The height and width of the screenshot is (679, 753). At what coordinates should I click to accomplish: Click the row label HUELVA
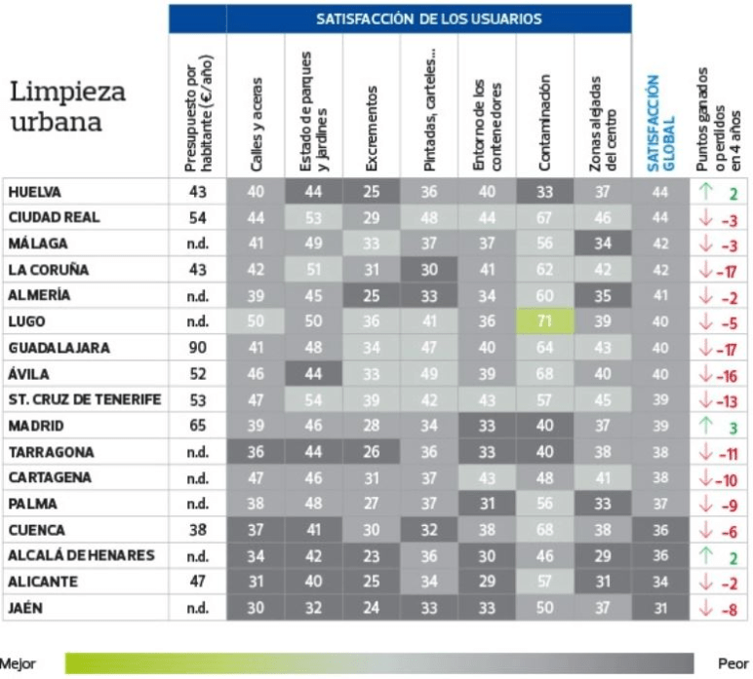[36, 192]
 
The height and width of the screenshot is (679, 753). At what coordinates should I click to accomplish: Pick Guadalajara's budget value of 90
[197, 347]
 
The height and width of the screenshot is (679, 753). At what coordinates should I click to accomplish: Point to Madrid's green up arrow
[706, 426]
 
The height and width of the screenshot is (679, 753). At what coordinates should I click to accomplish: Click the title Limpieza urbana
[68, 107]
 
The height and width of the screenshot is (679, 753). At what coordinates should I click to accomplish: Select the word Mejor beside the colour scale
[18, 663]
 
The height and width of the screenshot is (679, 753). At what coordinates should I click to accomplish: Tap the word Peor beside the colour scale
[733, 663]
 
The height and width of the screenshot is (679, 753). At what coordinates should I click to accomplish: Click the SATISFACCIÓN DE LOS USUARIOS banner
[429, 19]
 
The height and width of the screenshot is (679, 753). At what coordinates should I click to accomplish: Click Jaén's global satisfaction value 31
[659, 608]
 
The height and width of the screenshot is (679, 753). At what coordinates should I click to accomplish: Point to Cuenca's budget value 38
[197, 531]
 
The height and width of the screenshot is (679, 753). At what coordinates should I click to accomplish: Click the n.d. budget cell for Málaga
[197, 244]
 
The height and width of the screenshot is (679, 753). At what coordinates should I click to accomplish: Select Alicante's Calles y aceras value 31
[256, 582]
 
